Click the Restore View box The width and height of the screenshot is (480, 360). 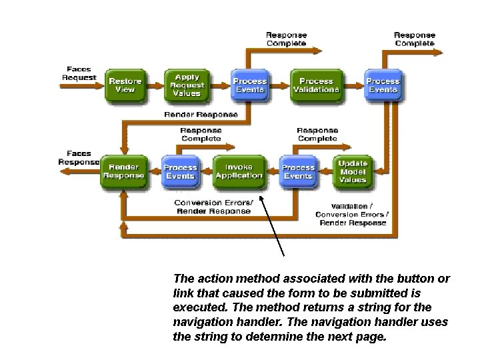click(125, 85)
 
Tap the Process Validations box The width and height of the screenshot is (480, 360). click(316, 85)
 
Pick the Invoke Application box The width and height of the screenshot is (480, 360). click(239, 171)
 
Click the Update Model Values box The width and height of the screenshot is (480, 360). click(352, 171)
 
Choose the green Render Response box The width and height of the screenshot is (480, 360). click(123, 171)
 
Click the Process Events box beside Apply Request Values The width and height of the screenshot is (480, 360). click(249, 85)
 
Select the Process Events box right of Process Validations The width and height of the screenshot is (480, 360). click(383, 85)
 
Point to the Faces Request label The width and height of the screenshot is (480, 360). click(80, 73)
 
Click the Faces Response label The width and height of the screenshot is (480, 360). click(79, 157)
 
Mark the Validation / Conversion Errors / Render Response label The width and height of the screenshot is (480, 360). click(353, 214)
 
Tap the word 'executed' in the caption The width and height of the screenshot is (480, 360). click(197, 307)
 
